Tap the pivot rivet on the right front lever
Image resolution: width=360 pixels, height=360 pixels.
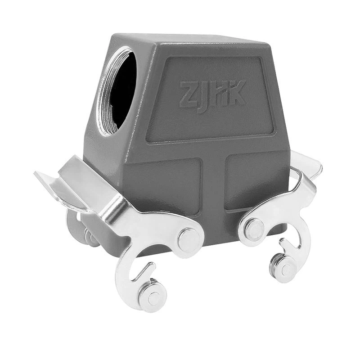tap(255, 229)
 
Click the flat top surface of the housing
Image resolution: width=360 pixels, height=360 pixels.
tap(189, 40)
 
